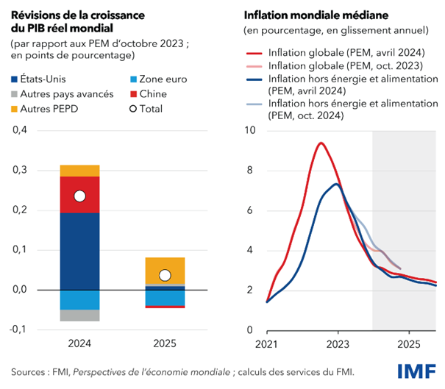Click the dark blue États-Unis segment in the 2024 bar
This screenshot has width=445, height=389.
[79, 250]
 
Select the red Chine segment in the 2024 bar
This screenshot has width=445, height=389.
[79, 194]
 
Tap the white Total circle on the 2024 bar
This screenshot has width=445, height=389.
[79, 196]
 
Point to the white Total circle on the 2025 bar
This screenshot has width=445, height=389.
[165, 276]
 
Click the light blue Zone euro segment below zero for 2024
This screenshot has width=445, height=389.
[79, 299]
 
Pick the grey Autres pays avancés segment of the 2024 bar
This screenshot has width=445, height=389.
[79, 315]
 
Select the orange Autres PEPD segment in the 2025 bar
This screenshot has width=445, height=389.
[165, 270]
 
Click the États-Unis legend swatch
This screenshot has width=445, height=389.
[16, 79]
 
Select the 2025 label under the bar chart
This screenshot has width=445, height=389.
[165, 343]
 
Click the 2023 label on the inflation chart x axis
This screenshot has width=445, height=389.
[338, 343]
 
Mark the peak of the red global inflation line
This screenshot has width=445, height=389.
[321, 143]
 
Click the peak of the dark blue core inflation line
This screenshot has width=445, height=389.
[335, 184]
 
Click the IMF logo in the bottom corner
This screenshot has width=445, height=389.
[416, 371]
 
